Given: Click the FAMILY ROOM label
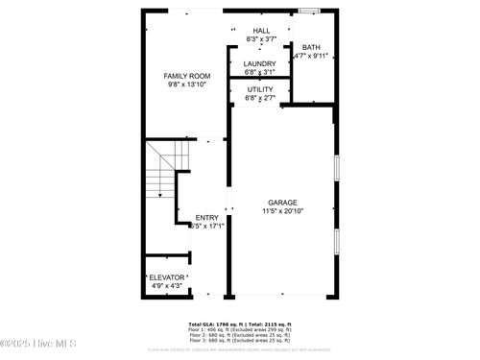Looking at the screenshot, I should tap(186, 76).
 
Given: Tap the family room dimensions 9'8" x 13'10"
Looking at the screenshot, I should tap(186, 84).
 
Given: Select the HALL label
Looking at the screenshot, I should tap(260, 32).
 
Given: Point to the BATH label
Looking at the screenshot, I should tap(311, 47).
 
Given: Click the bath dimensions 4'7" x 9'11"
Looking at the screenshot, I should tap(311, 56).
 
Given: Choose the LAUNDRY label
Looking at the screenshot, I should tap(260, 63).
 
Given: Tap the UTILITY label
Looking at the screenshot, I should tap(260, 89).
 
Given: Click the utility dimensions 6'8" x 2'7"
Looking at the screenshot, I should tap(260, 98).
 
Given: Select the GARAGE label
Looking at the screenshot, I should tap(282, 203).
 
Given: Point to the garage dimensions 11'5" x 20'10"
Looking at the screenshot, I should tap(282, 211).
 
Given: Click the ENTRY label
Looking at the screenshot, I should tap(207, 218).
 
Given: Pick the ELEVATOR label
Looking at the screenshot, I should tap(166, 276).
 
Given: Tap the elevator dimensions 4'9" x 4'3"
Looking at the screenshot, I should tap(166, 285).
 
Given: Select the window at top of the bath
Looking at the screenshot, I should tap(307, 11).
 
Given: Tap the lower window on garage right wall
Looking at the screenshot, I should tap(336, 240).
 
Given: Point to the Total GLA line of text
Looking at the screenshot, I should tap(240, 324).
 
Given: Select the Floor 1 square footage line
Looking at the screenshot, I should tap(240, 330).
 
